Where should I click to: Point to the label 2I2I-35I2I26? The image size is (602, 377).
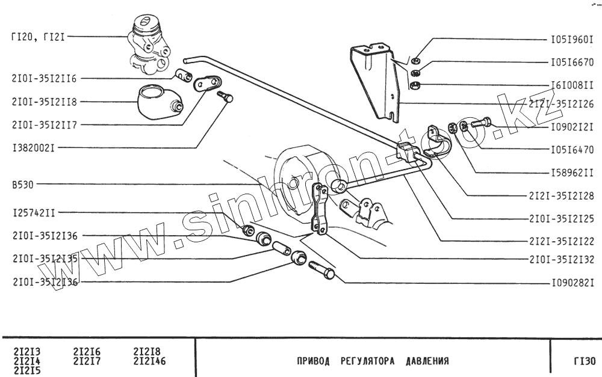pos(562,104)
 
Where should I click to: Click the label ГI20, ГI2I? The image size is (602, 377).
pos(37,37)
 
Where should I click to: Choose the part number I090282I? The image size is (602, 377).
pos(573,281)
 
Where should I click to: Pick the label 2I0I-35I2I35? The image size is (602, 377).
pos(44,259)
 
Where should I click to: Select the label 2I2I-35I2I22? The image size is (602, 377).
pos(562,241)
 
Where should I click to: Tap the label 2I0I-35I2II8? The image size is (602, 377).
pos(44,102)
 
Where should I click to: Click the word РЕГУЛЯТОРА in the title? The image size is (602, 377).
pos(367,362)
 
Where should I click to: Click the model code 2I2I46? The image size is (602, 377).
pos(149,361)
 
